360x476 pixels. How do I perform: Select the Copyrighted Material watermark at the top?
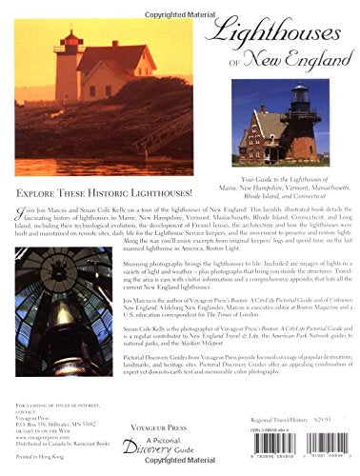coord(181,6)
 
